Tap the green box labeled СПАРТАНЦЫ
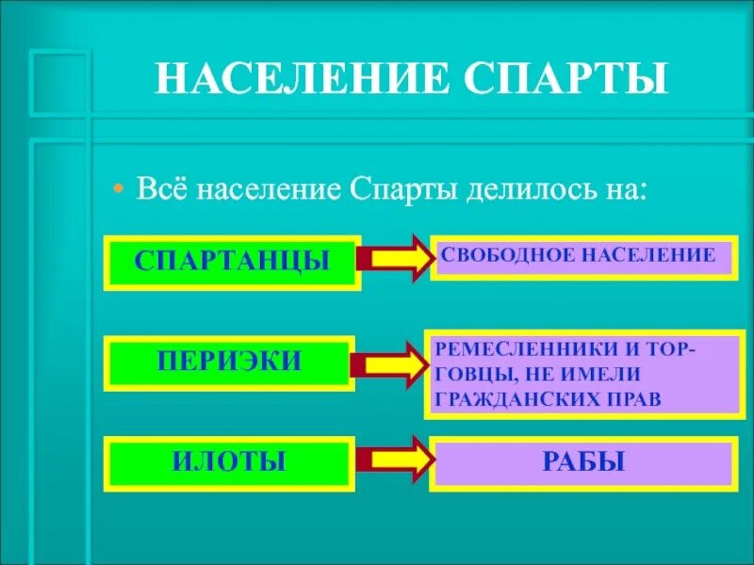[232, 260]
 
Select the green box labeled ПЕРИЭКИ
[232, 362]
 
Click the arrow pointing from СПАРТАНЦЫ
[394, 259]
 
